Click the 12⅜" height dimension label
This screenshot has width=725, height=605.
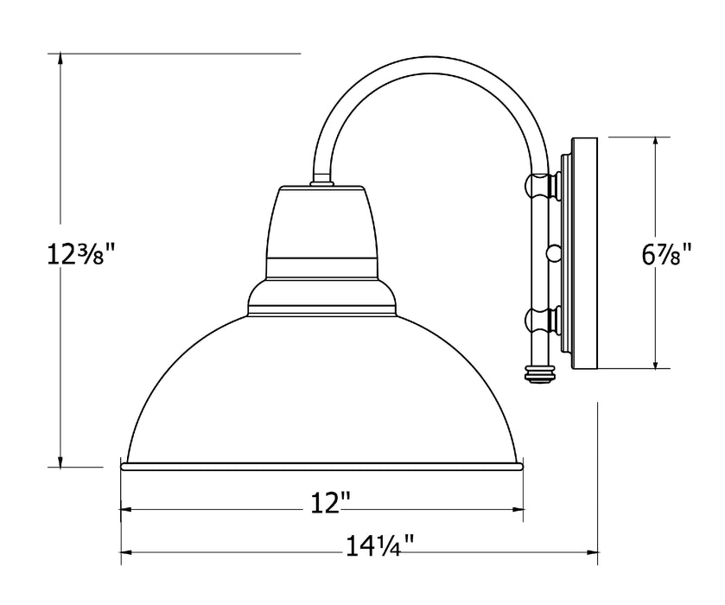click(x=80, y=256)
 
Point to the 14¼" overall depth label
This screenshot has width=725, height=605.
click(x=380, y=544)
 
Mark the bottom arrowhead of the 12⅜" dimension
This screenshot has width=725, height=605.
click(x=60, y=460)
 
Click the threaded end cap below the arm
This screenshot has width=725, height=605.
click(x=539, y=373)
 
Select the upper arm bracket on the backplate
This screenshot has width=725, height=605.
click(x=541, y=184)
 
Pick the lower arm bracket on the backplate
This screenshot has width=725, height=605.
click(x=541, y=321)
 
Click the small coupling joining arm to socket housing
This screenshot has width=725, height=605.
click(x=321, y=181)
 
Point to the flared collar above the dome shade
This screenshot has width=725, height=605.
click(x=322, y=296)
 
